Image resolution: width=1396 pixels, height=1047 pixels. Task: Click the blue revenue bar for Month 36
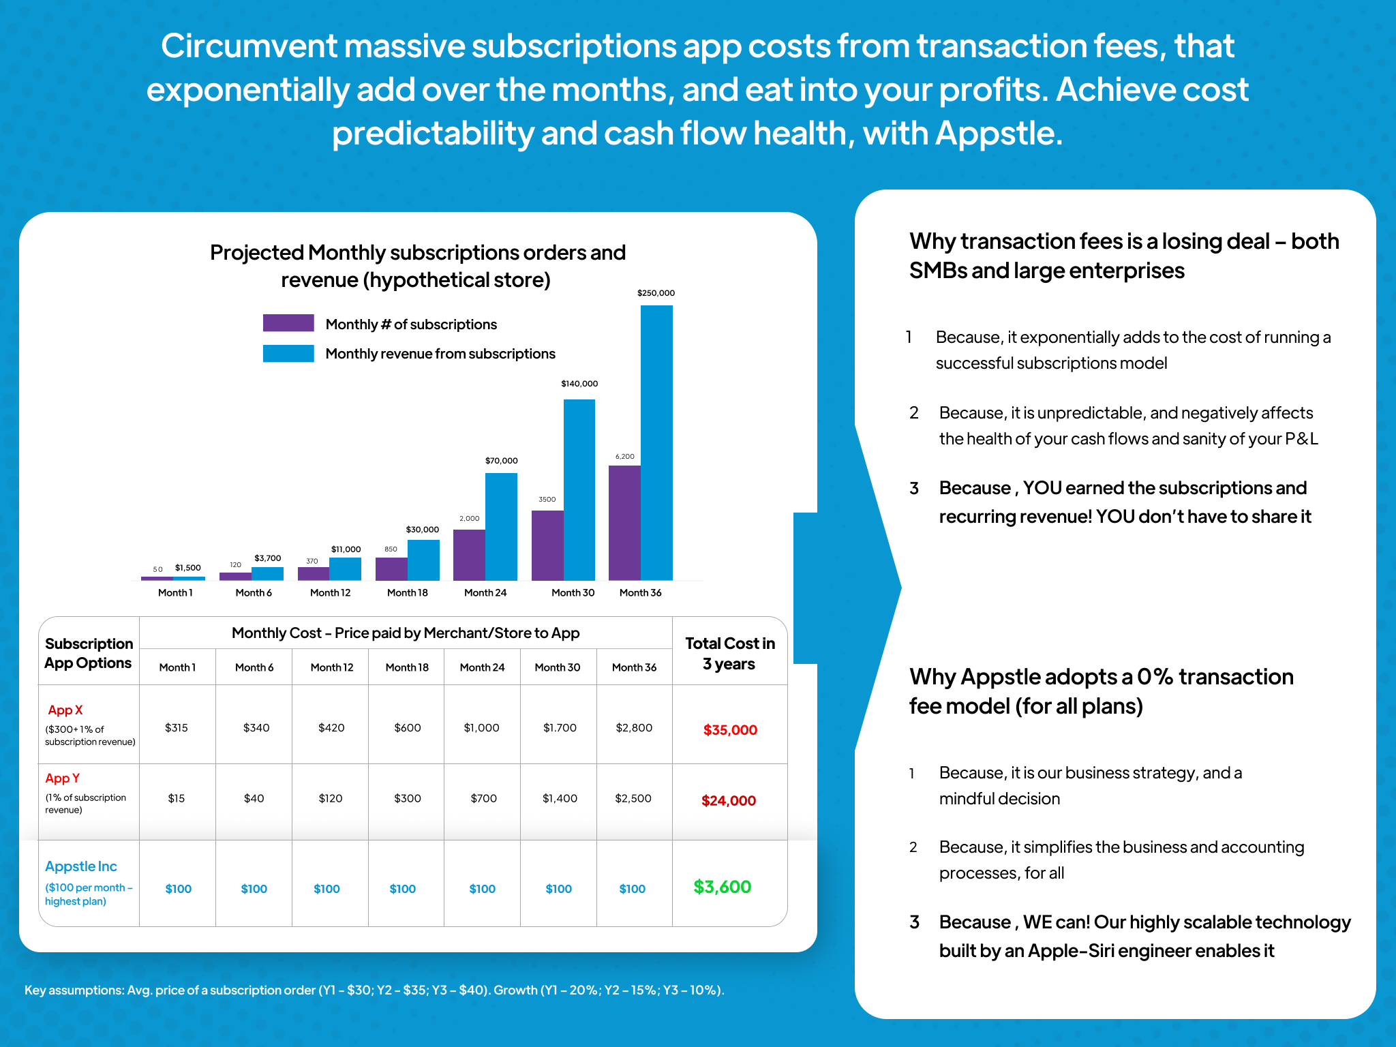656,443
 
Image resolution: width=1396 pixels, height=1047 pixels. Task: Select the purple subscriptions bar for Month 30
547,545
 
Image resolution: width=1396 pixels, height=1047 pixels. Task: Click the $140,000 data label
579,384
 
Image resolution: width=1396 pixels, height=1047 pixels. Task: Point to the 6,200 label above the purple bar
624,457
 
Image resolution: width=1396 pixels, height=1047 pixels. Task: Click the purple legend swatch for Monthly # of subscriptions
288,323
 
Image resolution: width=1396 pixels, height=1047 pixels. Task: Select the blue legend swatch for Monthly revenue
288,353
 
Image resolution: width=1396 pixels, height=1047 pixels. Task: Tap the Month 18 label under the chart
407,593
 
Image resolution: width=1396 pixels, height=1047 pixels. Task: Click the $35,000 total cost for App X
730,730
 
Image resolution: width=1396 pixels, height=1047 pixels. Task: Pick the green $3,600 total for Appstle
722,887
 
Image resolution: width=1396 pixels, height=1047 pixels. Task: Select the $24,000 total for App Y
729,801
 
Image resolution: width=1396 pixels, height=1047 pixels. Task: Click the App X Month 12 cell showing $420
331,728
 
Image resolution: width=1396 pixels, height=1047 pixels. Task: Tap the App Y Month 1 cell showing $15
177,798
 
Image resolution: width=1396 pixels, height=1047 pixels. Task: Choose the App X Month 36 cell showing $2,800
634,728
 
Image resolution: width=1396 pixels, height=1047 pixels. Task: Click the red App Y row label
63,778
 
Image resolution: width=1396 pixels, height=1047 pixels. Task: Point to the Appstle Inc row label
81,866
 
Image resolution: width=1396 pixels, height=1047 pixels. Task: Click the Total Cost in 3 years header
729,653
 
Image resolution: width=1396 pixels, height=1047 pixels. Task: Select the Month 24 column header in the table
482,667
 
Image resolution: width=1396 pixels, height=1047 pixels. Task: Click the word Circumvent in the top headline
248,46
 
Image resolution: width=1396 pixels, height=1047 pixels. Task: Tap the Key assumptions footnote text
374,990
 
